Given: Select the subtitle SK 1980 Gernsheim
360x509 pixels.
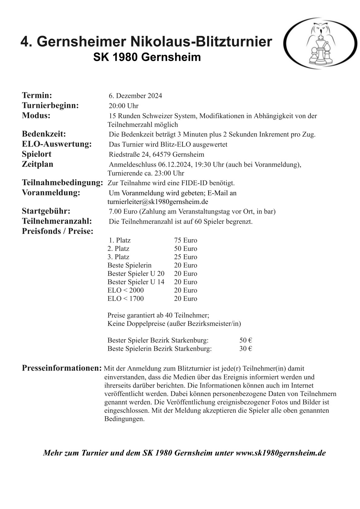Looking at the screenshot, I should pos(147,57).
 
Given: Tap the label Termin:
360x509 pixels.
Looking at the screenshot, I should pos(37,95).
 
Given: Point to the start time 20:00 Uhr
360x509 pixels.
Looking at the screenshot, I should pos(124,106).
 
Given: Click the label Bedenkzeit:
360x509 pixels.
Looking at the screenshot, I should pos(44,134).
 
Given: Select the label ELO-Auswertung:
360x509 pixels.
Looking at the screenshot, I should pos(57,144).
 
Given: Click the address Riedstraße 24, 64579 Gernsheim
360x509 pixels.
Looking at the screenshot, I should pos(156,155).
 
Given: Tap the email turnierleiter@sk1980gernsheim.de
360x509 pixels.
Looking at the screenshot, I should pos(157,201).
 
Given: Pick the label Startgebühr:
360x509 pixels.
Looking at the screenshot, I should pos(46,211).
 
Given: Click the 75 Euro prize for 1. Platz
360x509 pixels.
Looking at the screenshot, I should pos(185,240).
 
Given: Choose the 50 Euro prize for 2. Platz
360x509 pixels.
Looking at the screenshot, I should pos(185,249).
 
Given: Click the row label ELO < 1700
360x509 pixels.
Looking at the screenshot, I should pos(125,299).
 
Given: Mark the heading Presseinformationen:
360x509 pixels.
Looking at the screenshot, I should pos(62,368).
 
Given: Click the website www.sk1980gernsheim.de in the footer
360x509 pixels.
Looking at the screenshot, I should pos(281,453).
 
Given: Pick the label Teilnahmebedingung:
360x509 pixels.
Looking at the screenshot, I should pos(62,183).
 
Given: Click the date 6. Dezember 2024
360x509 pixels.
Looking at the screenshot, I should pos(135,96).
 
